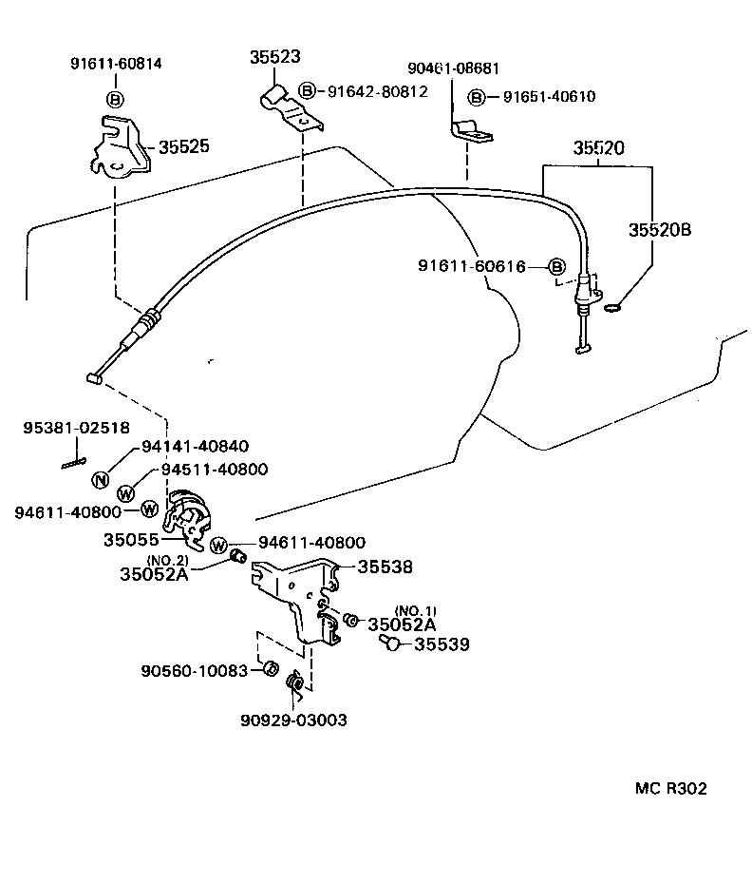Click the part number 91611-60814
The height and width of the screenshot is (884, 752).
coord(116,64)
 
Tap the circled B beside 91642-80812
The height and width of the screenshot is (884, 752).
coord(308,91)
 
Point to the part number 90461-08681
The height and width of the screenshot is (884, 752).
coord(453,68)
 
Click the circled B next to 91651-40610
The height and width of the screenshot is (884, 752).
coord(478,97)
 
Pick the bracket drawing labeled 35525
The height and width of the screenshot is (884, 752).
coord(120,146)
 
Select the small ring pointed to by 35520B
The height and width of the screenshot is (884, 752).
coord(612,305)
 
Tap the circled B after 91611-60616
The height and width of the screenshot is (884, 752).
coord(557,266)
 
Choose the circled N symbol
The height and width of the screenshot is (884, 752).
coord(101,479)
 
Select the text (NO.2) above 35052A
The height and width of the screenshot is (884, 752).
coord(167,559)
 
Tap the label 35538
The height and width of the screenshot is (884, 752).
coord(385,567)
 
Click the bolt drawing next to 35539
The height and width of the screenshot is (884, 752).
coord(389,644)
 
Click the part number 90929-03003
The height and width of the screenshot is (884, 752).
coord(292,720)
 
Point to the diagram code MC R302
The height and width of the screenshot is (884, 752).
coord(670,789)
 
